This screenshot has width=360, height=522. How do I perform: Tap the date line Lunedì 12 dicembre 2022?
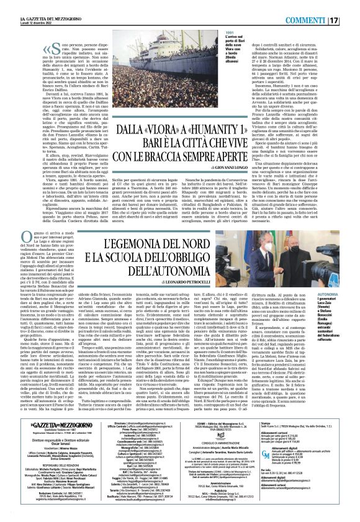pos(25,11)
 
